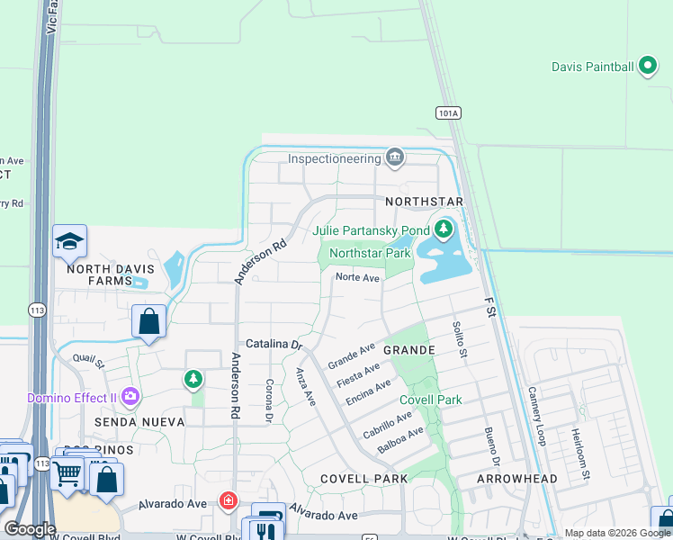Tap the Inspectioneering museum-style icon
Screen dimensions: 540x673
pyautogui.click(x=394, y=158)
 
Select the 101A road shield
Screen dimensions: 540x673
pyautogui.click(x=448, y=112)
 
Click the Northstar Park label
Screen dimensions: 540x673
pyautogui.click(x=370, y=254)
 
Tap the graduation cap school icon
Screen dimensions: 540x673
pyautogui.click(x=69, y=241)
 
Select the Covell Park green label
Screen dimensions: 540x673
pyautogui.click(x=430, y=400)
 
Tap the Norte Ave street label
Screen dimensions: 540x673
pyautogui.click(x=357, y=278)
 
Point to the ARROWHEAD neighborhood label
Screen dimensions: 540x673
pyautogui.click(x=517, y=479)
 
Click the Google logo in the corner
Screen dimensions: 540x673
pyautogui.click(x=29, y=529)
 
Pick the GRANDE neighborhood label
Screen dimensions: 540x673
pyautogui.click(x=408, y=349)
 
